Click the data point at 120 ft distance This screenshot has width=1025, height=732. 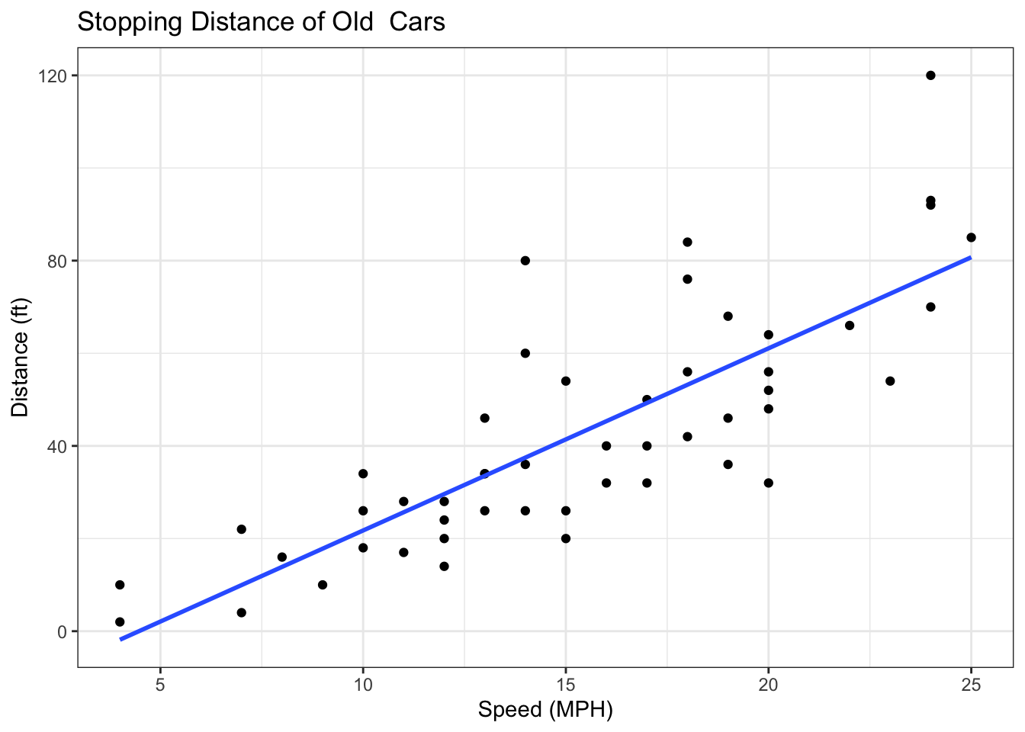pos(930,75)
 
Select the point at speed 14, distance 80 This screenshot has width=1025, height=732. pos(525,261)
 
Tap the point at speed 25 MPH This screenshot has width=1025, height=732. pos(971,237)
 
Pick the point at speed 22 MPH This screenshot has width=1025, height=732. pos(850,326)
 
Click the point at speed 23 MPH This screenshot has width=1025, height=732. pos(890,381)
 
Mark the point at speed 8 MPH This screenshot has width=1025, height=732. pos(282,557)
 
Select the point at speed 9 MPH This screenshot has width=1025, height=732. pos(323,585)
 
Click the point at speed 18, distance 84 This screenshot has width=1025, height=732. pos(687,242)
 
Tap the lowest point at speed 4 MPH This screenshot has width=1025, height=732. pos(120,622)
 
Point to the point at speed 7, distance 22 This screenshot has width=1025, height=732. pos(242,529)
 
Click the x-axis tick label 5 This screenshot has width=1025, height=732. pos(160,684)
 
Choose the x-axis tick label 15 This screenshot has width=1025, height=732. pos(565,684)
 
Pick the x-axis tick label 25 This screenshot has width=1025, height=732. pos(971,684)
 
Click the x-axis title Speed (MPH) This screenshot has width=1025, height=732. pos(545,711)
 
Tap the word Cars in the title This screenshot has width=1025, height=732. pos(417,22)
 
